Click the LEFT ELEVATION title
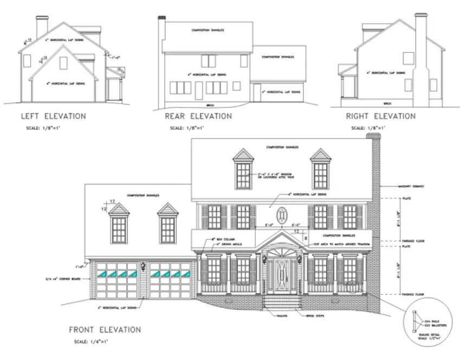(53, 115)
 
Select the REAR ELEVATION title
(198, 116)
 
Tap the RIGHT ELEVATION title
(380, 116)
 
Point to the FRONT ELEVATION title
(105, 329)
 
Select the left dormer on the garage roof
(119, 225)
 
